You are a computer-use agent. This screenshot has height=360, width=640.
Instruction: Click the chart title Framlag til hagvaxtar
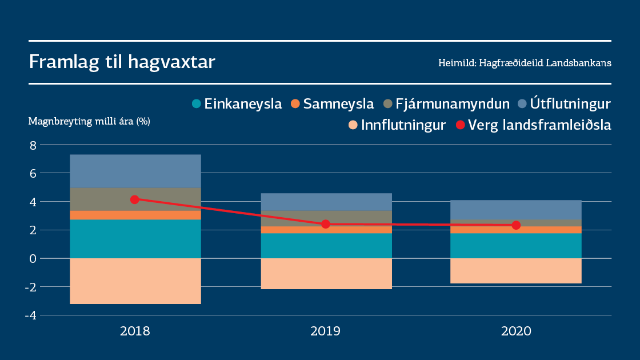pyautogui.click(x=122, y=62)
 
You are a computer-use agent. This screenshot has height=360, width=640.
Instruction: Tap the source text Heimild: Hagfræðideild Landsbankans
pyautogui.click(x=525, y=63)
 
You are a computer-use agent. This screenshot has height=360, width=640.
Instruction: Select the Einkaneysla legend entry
pyautogui.click(x=237, y=104)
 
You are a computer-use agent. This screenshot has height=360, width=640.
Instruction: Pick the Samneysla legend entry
pyautogui.click(x=333, y=104)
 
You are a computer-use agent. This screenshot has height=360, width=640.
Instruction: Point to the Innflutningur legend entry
pyautogui.click(x=397, y=125)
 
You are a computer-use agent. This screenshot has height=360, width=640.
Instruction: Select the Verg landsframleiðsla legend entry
pyautogui.click(x=533, y=125)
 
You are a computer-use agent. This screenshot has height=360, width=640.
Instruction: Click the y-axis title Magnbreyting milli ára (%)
pyautogui.click(x=89, y=121)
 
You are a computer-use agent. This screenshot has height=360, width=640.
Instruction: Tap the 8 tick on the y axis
pyautogui.click(x=33, y=145)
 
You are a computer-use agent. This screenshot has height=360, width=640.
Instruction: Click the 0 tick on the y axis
pyautogui.click(x=33, y=258)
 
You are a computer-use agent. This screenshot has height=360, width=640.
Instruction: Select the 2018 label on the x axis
pyautogui.click(x=135, y=331)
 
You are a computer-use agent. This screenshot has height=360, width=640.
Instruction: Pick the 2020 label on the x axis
pyautogui.click(x=516, y=331)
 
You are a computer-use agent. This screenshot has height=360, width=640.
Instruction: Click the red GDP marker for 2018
pyautogui.click(x=135, y=199)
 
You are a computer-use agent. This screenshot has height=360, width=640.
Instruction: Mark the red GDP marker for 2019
pyautogui.click(x=326, y=224)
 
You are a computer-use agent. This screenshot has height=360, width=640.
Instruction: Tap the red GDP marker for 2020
pyautogui.click(x=516, y=225)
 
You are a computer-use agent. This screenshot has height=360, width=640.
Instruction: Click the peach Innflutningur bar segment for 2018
pyautogui.click(x=135, y=281)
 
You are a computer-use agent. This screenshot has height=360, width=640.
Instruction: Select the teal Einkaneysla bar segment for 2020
pyautogui.click(x=516, y=246)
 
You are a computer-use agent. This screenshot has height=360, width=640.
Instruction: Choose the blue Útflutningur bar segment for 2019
pyautogui.click(x=326, y=202)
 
